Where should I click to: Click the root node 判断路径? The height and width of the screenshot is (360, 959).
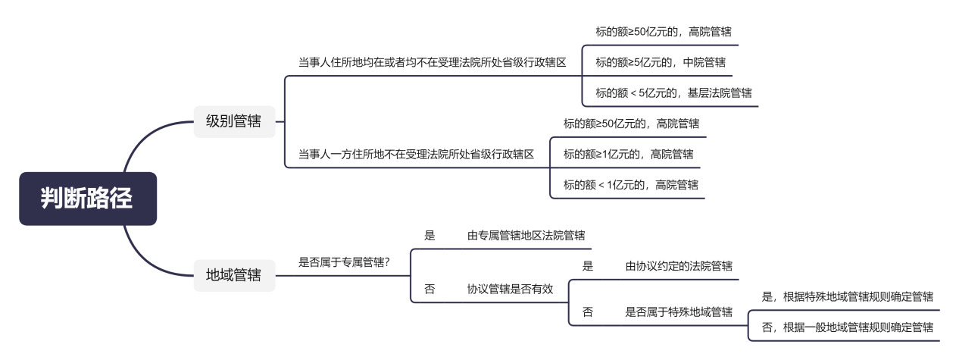coord(88,199)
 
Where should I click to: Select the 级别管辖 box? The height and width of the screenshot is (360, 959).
coord(234,121)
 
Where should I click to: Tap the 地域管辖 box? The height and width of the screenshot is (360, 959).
coord(234,275)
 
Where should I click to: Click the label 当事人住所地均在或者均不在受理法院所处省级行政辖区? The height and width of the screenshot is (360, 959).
coord(432,63)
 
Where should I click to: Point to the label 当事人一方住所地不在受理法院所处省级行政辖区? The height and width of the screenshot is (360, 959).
coord(416,155)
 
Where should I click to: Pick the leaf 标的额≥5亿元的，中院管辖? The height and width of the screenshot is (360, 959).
coord(661,63)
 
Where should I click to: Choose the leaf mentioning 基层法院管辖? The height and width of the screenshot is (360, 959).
coord(673,93)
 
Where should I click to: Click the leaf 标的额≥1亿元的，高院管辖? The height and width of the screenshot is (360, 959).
coord(628,155)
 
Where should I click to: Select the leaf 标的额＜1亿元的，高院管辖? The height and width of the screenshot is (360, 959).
coord(631,185)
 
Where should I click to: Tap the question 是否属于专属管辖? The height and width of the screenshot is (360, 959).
coord(344,262)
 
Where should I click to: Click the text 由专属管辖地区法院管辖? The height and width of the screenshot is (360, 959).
coord(526,235)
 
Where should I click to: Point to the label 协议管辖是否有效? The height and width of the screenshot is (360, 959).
coord(510,289)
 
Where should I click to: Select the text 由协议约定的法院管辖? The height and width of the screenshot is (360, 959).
coord(679,266)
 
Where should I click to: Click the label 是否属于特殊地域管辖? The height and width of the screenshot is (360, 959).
coord(679,312)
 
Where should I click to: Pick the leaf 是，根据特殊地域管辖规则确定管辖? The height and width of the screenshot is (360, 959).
coord(847,296)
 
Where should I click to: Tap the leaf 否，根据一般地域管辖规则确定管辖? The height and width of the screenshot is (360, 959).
coord(847,327)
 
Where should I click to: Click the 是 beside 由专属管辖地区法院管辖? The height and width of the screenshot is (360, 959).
coord(430,235)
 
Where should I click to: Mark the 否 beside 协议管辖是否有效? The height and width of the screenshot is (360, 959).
coord(430,289)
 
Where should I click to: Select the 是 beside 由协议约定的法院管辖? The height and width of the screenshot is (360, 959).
coord(587,266)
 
